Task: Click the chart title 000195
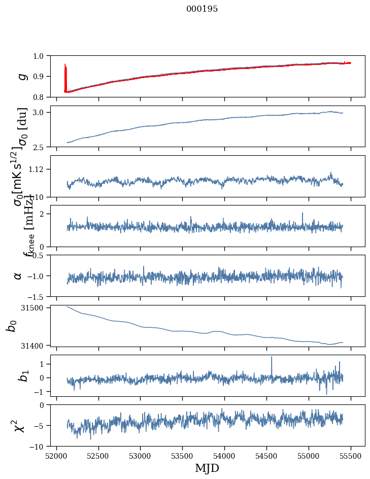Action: [202, 9]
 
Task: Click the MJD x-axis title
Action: [207, 468]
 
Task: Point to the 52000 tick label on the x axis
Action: [56, 456]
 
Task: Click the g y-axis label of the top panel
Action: [22, 76]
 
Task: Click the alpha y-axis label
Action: [18, 276]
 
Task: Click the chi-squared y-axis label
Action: [18, 425]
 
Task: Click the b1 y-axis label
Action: [22, 375]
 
